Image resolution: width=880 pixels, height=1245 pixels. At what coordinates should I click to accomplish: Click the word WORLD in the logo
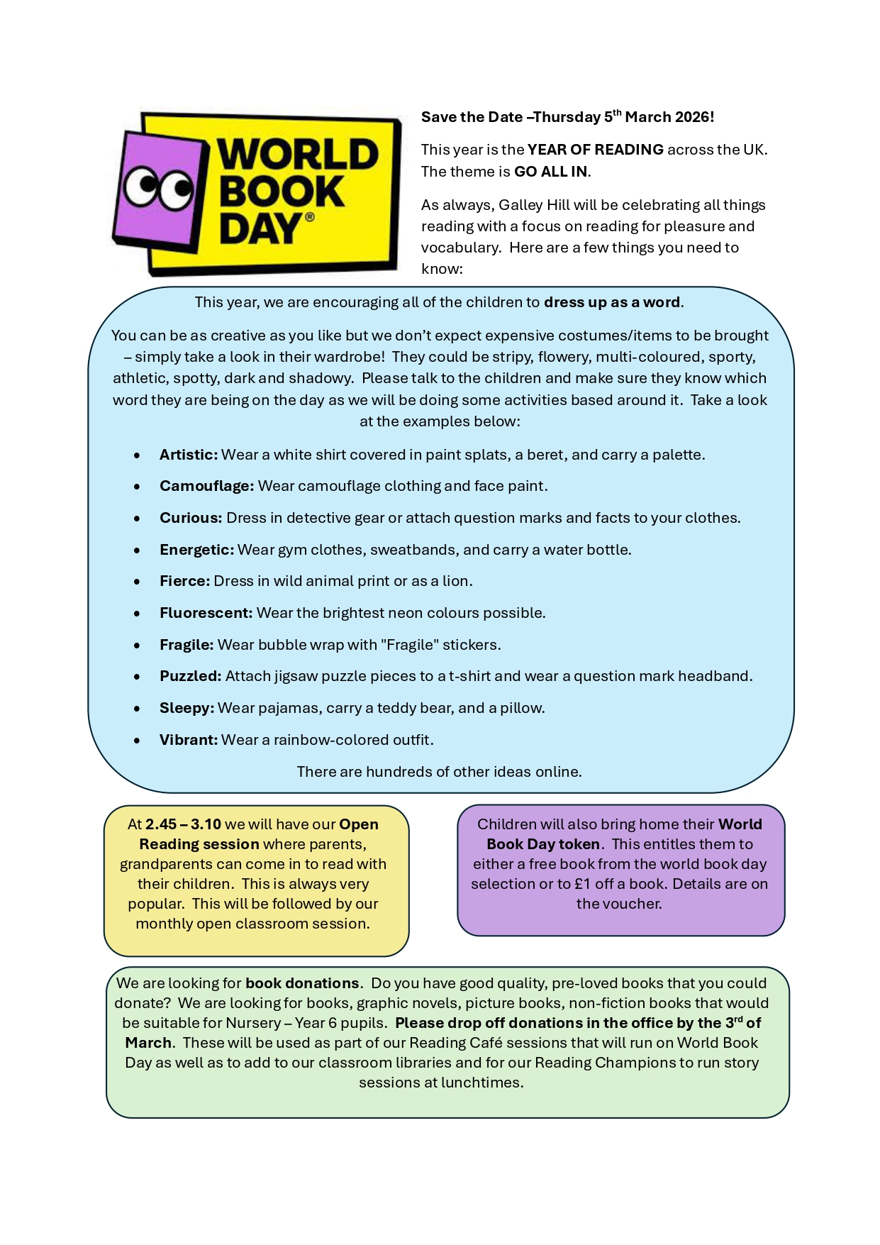point(298,155)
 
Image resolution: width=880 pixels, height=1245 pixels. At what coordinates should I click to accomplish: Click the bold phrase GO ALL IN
point(550,172)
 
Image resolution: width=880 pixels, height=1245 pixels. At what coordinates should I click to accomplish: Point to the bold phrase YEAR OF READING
point(595,150)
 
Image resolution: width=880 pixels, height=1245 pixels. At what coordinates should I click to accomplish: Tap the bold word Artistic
point(188,455)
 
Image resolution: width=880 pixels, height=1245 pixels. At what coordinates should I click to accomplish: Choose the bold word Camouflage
point(206,486)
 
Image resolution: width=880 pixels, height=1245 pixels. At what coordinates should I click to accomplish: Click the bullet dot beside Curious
point(137,519)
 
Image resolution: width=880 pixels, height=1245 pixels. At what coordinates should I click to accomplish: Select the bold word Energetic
point(196,550)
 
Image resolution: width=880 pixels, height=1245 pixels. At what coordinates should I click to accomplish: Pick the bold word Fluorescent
point(206,613)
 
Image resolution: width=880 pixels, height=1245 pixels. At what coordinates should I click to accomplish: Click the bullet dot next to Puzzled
point(137,677)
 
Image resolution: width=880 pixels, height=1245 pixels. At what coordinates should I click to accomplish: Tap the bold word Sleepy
point(186,708)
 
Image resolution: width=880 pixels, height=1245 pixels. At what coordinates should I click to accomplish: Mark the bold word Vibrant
point(188,740)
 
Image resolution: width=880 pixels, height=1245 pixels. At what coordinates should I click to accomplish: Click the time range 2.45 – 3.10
point(183,824)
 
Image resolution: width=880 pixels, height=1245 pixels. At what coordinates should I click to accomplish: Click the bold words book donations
point(302,983)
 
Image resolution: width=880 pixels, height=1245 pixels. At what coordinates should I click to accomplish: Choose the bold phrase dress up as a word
point(612,302)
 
